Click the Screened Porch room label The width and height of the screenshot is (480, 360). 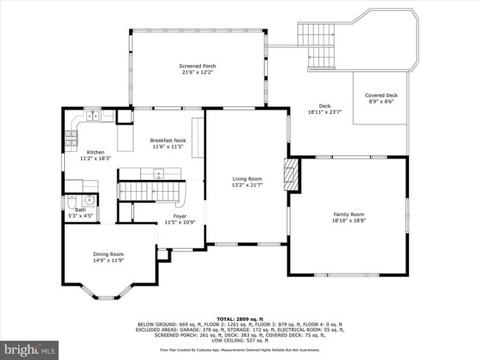198,66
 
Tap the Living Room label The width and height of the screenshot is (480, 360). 247,178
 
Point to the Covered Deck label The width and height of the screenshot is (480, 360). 381,95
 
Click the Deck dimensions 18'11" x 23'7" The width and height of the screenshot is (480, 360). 325,111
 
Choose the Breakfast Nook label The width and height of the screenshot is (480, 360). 168,140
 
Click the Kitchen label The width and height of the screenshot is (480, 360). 96,153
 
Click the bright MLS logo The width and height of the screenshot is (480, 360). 30,348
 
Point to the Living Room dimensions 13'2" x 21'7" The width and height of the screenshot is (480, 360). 247,184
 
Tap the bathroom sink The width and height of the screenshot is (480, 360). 89,199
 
